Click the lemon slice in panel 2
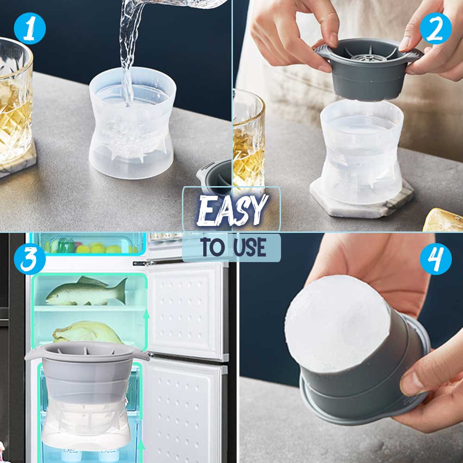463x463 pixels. pyautogui.click(x=444, y=220)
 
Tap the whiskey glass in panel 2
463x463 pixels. pyautogui.click(x=248, y=139)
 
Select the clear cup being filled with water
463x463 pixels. pyautogui.click(x=132, y=127)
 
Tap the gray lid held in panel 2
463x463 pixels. pyautogui.click(x=369, y=69)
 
